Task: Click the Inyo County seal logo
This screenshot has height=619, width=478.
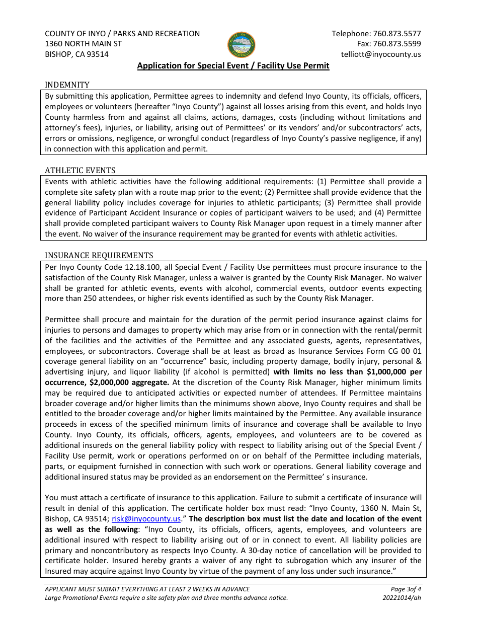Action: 242,45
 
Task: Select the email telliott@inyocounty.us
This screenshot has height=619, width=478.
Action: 381,54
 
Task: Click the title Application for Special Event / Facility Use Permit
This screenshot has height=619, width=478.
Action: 233,66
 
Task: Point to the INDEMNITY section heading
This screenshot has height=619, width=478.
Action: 67,85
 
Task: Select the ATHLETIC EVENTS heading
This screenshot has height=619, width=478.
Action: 80,170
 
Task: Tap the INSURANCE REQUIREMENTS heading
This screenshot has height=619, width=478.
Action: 99,256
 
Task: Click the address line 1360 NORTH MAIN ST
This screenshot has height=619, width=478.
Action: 83,44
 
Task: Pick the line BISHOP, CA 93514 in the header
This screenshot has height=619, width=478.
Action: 76,54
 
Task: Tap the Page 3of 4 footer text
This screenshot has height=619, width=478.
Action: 406,589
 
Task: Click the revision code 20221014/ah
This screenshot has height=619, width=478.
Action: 402,598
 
